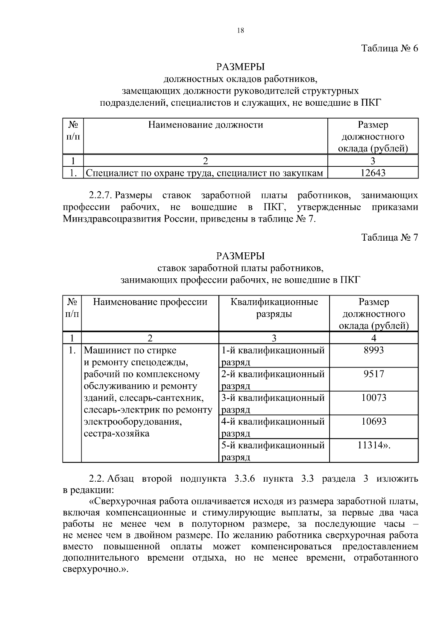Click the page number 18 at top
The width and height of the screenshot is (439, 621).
(x=240, y=31)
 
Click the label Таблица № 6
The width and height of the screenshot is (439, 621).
(x=389, y=48)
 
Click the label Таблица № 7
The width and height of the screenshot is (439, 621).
(x=389, y=237)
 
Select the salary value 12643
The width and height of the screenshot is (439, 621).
(x=373, y=173)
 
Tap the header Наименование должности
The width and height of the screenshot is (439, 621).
(x=206, y=125)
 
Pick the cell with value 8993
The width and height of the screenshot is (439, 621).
(x=374, y=350)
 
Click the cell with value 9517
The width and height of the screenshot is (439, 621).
(x=374, y=374)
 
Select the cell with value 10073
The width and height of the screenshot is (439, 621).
(x=374, y=398)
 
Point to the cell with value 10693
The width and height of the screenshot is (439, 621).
(x=374, y=421)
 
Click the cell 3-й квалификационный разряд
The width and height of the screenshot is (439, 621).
(x=273, y=403)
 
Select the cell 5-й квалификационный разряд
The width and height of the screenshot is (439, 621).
(x=273, y=451)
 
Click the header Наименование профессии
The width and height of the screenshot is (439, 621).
(x=150, y=302)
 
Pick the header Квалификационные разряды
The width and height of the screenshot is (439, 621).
(x=274, y=308)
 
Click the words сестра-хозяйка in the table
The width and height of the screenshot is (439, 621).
(x=116, y=434)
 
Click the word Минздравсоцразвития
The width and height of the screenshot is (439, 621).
(x=112, y=219)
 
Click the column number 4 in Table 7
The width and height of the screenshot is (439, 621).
(x=374, y=338)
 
